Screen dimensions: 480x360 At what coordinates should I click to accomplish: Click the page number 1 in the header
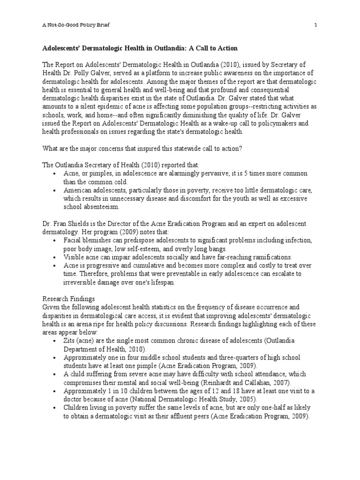315,25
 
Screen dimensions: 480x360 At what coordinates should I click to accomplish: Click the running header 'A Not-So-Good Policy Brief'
76,25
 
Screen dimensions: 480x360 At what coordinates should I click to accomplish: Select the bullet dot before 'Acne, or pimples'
55,173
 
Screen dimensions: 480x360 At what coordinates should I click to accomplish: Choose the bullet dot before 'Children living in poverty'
55,407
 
